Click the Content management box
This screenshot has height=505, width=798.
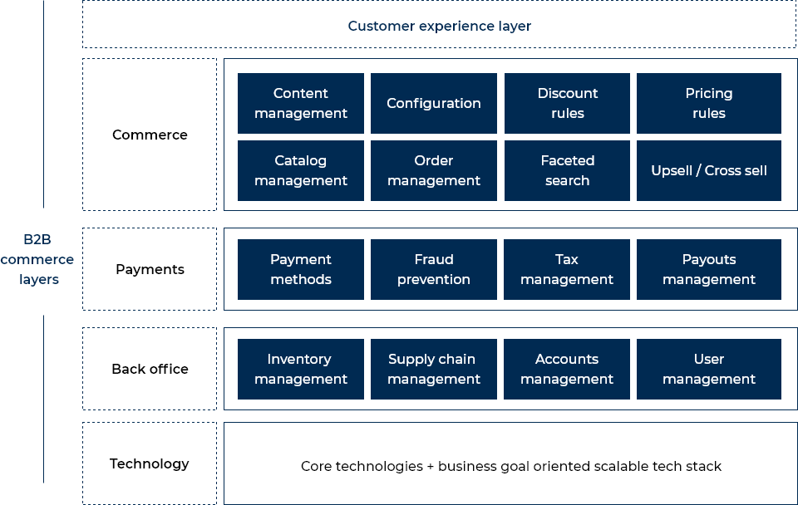[x=301, y=103]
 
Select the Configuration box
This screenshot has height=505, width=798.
[x=434, y=103]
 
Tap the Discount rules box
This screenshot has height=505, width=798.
[x=567, y=103]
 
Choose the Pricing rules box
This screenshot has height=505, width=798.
[x=708, y=103]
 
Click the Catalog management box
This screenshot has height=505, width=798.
[x=301, y=170]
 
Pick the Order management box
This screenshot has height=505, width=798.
[x=434, y=170]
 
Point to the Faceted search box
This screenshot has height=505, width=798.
[x=567, y=170]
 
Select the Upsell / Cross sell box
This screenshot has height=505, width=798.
[x=708, y=170]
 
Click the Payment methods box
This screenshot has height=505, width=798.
[x=301, y=269]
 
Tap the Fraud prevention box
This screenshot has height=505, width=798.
[x=434, y=269]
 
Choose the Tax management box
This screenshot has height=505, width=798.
[x=567, y=269]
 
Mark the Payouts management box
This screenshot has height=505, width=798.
[x=708, y=269]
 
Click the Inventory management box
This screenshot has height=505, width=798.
[x=301, y=369]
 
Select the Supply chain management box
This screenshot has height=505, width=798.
[x=434, y=369]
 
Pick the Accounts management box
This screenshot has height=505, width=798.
[x=567, y=369]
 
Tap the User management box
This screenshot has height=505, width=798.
[x=708, y=369]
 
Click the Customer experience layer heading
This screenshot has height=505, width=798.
[x=439, y=26]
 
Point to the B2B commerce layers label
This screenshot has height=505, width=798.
[x=37, y=259]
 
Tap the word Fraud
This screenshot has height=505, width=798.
[x=434, y=259]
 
